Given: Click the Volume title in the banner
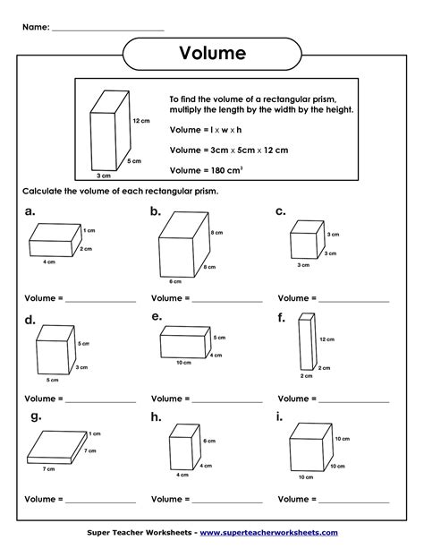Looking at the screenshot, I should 213,54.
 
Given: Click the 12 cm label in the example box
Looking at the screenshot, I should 140,120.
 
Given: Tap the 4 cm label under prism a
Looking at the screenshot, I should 50,262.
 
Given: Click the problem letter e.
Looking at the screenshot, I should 157,316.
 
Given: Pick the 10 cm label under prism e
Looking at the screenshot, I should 183,363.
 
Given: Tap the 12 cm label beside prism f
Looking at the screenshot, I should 326,339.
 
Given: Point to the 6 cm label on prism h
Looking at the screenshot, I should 208,442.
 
